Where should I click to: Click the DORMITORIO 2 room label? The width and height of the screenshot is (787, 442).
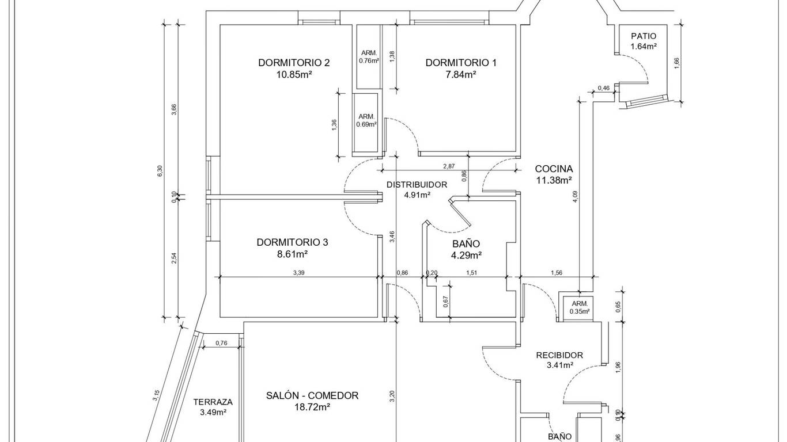click(294, 63)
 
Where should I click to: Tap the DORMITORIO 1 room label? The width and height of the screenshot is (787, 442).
click(460, 63)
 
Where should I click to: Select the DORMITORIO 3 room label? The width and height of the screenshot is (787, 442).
click(292, 242)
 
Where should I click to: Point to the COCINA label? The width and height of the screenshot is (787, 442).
click(554, 169)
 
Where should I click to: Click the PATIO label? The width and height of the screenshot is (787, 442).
click(644, 36)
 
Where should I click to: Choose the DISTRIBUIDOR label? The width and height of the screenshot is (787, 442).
click(417, 185)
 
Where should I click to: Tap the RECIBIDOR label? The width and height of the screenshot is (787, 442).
click(559, 355)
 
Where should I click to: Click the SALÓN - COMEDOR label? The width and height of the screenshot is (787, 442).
click(312, 395)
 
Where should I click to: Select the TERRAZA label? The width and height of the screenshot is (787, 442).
click(213, 402)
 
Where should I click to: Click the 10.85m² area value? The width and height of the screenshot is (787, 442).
click(294, 74)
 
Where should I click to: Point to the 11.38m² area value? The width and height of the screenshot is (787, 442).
click(554, 180)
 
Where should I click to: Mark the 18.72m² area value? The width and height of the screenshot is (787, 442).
click(312, 407)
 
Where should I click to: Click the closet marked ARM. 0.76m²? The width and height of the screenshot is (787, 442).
click(369, 56)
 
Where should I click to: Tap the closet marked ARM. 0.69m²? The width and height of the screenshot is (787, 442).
click(366, 120)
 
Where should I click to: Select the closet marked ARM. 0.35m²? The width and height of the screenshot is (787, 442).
click(580, 307)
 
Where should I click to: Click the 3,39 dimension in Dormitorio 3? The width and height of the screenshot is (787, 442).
click(298, 273)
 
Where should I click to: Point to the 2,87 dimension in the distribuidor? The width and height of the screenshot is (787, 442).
click(449, 166)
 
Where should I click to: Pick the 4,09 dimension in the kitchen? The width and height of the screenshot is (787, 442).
click(575, 197)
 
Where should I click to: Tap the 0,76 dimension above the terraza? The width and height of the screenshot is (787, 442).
click(221, 344)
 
